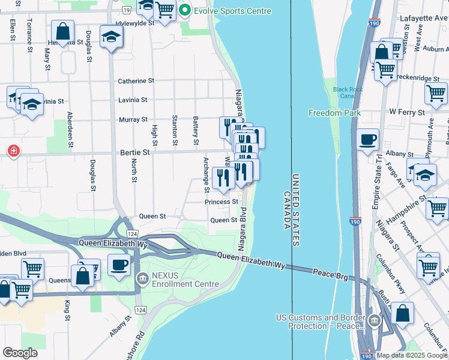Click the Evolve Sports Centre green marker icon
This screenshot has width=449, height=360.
click(185, 11)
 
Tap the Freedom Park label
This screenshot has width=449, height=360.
click(334, 113)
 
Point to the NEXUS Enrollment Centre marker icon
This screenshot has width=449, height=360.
click(142, 278)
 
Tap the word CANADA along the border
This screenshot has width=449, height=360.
click(286, 211)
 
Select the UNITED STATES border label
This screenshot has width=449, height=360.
click(295, 211)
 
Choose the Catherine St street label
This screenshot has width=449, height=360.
click(136, 80)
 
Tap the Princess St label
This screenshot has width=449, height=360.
click(221, 202)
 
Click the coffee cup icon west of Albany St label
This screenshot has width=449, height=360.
click(367, 140)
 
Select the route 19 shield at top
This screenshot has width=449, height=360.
click(125, 11)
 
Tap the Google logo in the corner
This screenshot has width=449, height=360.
click(20, 353)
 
